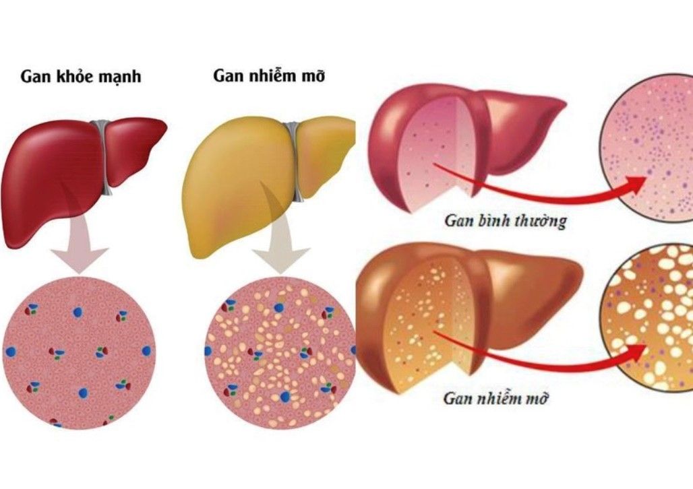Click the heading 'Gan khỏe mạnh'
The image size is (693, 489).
(81, 76)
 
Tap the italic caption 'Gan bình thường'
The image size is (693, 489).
(506, 220)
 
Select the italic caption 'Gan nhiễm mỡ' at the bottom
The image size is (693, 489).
(495, 398)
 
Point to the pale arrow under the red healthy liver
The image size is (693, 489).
(80, 247)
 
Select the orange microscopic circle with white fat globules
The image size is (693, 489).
(648, 317)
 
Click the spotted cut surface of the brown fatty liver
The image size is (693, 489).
(431, 327)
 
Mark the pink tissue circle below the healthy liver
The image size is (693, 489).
(79, 352)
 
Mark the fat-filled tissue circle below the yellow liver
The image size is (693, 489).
(280, 352)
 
